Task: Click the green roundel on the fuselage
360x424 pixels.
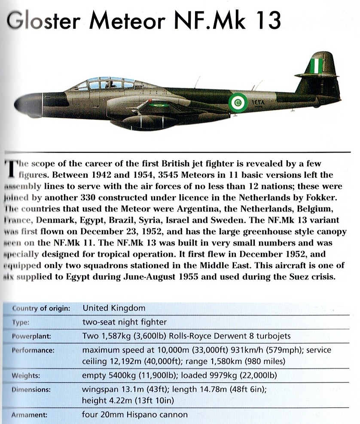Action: tap(236, 103)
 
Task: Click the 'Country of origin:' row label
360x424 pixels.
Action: tap(41, 308)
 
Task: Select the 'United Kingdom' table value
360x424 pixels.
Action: tap(113, 308)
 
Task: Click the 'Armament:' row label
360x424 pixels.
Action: tap(31, 415)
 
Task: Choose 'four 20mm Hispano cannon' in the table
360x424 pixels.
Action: tap(134, 415)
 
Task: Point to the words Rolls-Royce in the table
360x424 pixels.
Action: tap(199, 336)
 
